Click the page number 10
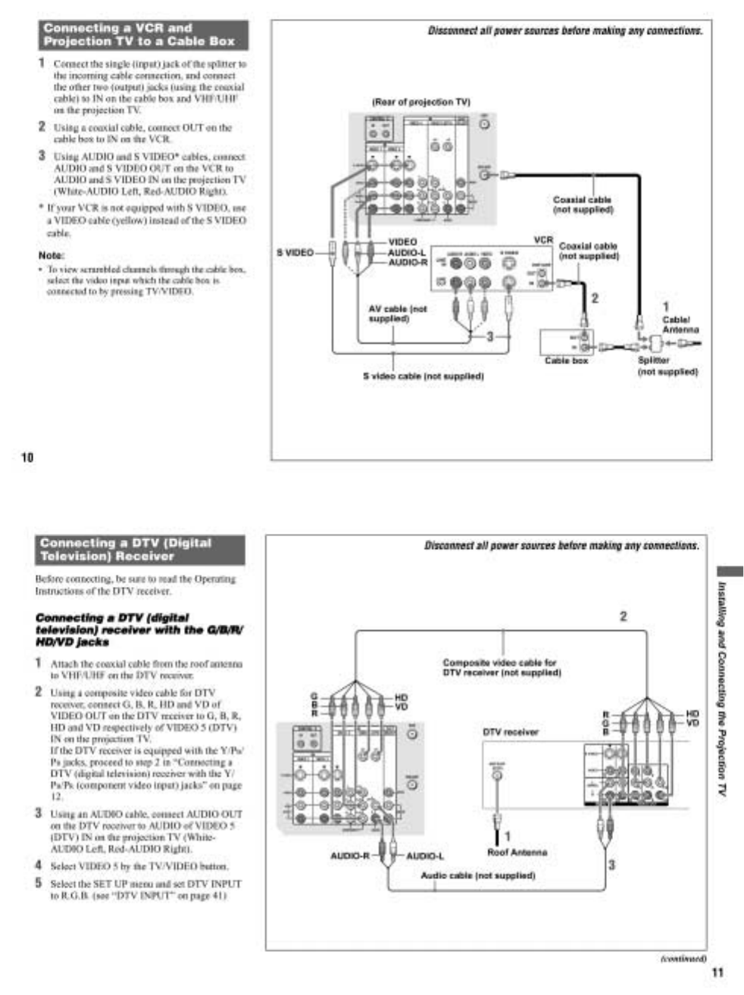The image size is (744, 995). (x=27, y=457)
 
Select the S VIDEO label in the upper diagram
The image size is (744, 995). (x=295, y=252)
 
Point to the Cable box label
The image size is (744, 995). (x=566, y=360)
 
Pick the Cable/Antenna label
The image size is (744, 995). (x=680, y=325)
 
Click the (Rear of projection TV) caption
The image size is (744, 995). (x=421, y=102)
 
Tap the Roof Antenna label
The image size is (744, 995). (x=517, y=852)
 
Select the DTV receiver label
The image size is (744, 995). (x=511, y=731)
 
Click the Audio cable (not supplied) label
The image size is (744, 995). (x=477, y=875)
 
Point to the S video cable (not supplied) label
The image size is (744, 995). (x=423, y=376)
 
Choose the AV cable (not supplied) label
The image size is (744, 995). (x=398, y=313)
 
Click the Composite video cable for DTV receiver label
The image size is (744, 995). (x=501, y=667)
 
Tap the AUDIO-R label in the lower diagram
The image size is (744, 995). (x=349, y=856)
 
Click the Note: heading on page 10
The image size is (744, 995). (x=52, y=255)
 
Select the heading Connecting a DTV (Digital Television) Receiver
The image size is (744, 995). (x=140, y=550)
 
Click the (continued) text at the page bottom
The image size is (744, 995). (x=683, y=958)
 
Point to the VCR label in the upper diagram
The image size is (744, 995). (x=543, y=239)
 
